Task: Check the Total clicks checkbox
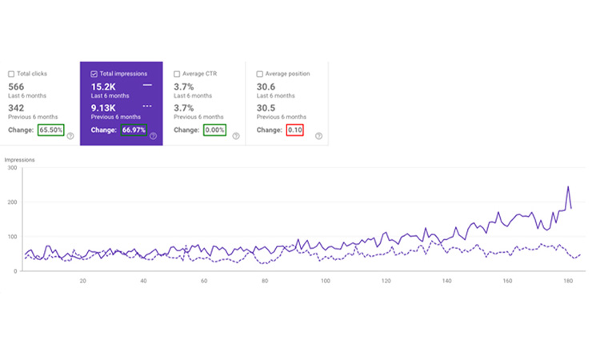point(11,74)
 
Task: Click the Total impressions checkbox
point(94,74)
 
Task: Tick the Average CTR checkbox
point(176,74)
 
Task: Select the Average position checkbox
point(259,74)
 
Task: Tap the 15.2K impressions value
point(104,86)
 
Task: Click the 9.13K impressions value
point(105,107)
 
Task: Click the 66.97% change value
point(134,130)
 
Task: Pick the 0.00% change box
point(214,130)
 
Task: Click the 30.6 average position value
point(266,86)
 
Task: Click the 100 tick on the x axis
point(326,281)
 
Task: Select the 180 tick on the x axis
point(568,281)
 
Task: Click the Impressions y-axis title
point(19,160)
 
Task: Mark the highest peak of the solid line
point(568,187)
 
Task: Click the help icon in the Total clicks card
point(70,136)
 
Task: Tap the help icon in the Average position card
point(318,136)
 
